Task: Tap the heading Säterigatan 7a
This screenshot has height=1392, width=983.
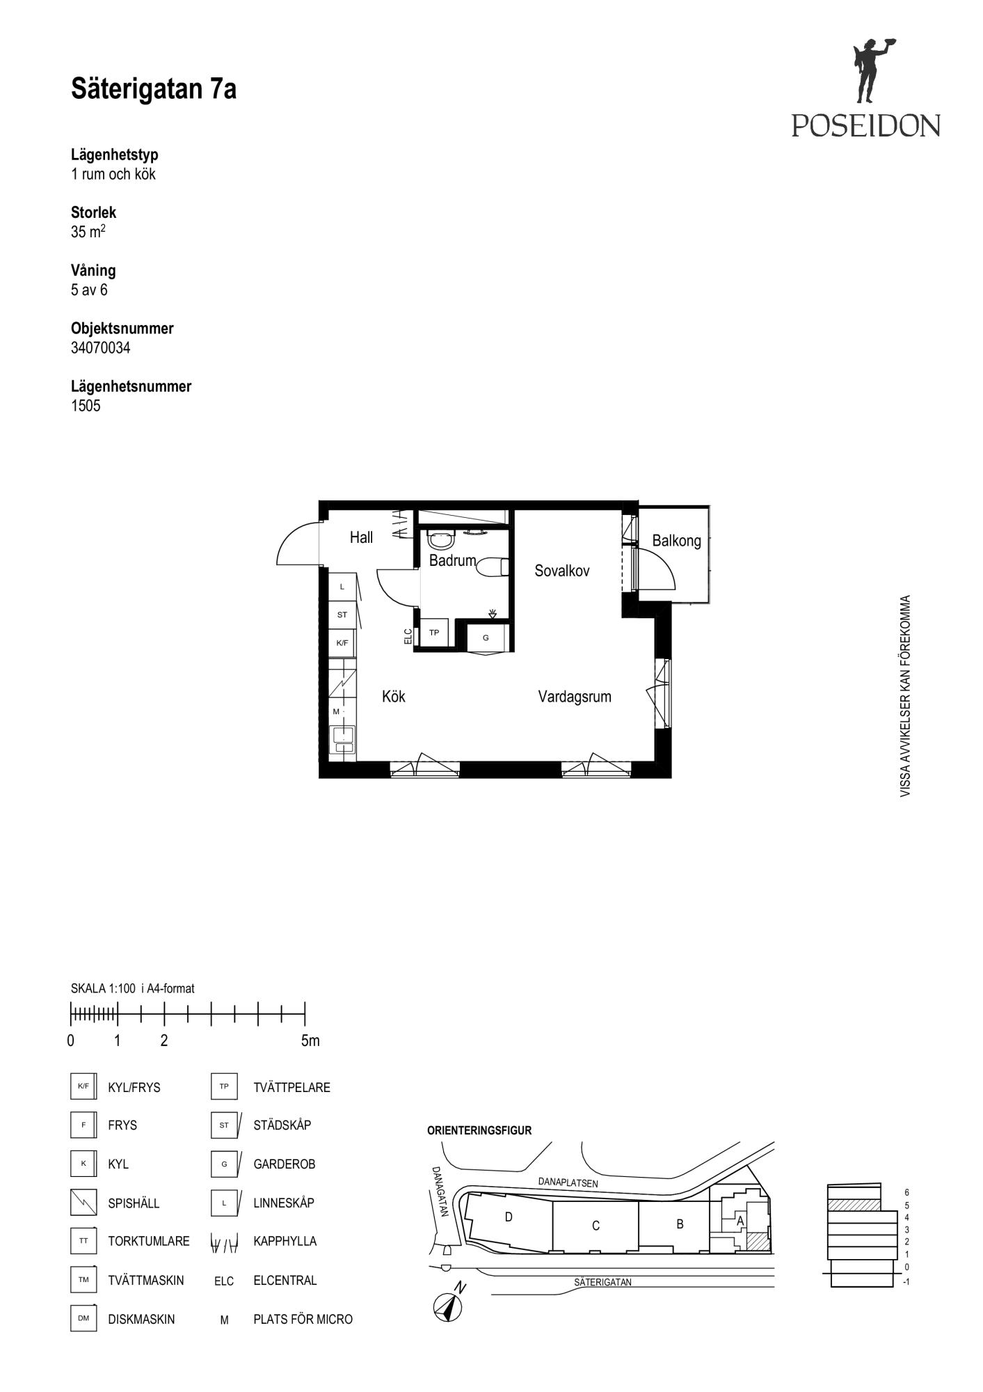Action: coord(154,90)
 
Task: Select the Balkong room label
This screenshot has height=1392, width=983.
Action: coord(676,541)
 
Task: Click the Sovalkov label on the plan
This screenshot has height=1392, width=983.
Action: coord(562,571)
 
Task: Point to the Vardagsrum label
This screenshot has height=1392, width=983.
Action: coord(575,697)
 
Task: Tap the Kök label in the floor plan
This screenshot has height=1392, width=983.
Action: coord(394,697)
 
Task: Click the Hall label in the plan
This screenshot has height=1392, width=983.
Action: coord(361,537)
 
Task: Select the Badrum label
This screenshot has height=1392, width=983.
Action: coord(452,560)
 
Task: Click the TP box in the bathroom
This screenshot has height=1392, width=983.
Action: coord(434,633)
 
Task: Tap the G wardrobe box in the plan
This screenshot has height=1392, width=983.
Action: coord(486,638)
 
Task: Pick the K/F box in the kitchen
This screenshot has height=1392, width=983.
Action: coord(342,643)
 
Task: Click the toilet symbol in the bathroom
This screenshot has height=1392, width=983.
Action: coord(493,567)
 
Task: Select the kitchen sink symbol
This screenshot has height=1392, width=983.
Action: coord(342,739)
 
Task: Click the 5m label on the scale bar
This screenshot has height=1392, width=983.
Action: coord(310,1041)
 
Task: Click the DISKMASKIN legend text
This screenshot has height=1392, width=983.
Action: coord(141,1319)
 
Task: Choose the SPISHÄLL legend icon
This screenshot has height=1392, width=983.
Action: coord(83,1202)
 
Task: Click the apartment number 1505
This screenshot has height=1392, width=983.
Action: coord(86,406)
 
